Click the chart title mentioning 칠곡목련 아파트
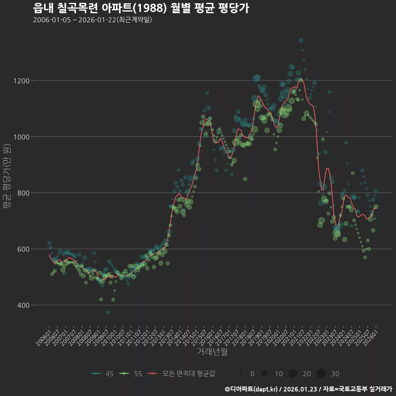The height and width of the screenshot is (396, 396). pyautogui.click(x=141, y=8)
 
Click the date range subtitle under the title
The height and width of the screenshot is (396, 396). pyautogui.click(x=92, y=20)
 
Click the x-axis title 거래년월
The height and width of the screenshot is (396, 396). pyautogui.click(x=212, y=352)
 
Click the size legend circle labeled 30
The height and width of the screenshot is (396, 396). pyautogui.click(x=321, y=374)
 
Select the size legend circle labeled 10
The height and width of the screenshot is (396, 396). pyautogui.click(x=264, y=374)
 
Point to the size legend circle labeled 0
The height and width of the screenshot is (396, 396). pyautogui.click(x=240, y=374)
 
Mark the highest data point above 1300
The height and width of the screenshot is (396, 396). pyautogui.click(x=301, y=40)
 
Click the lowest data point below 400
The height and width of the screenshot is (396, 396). pyautogui.click(x=108, y=312)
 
